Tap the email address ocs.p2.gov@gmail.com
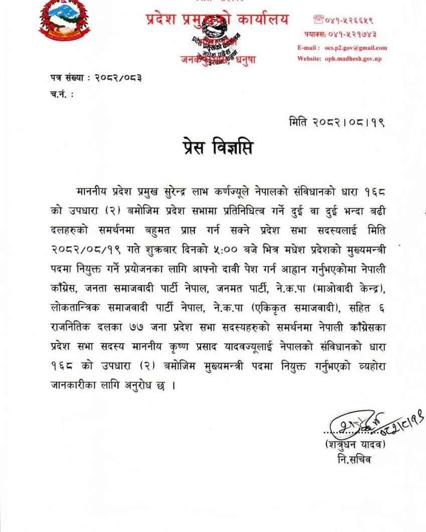(359, 48)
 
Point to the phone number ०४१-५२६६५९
(349, 20)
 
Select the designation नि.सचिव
(355, 459)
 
